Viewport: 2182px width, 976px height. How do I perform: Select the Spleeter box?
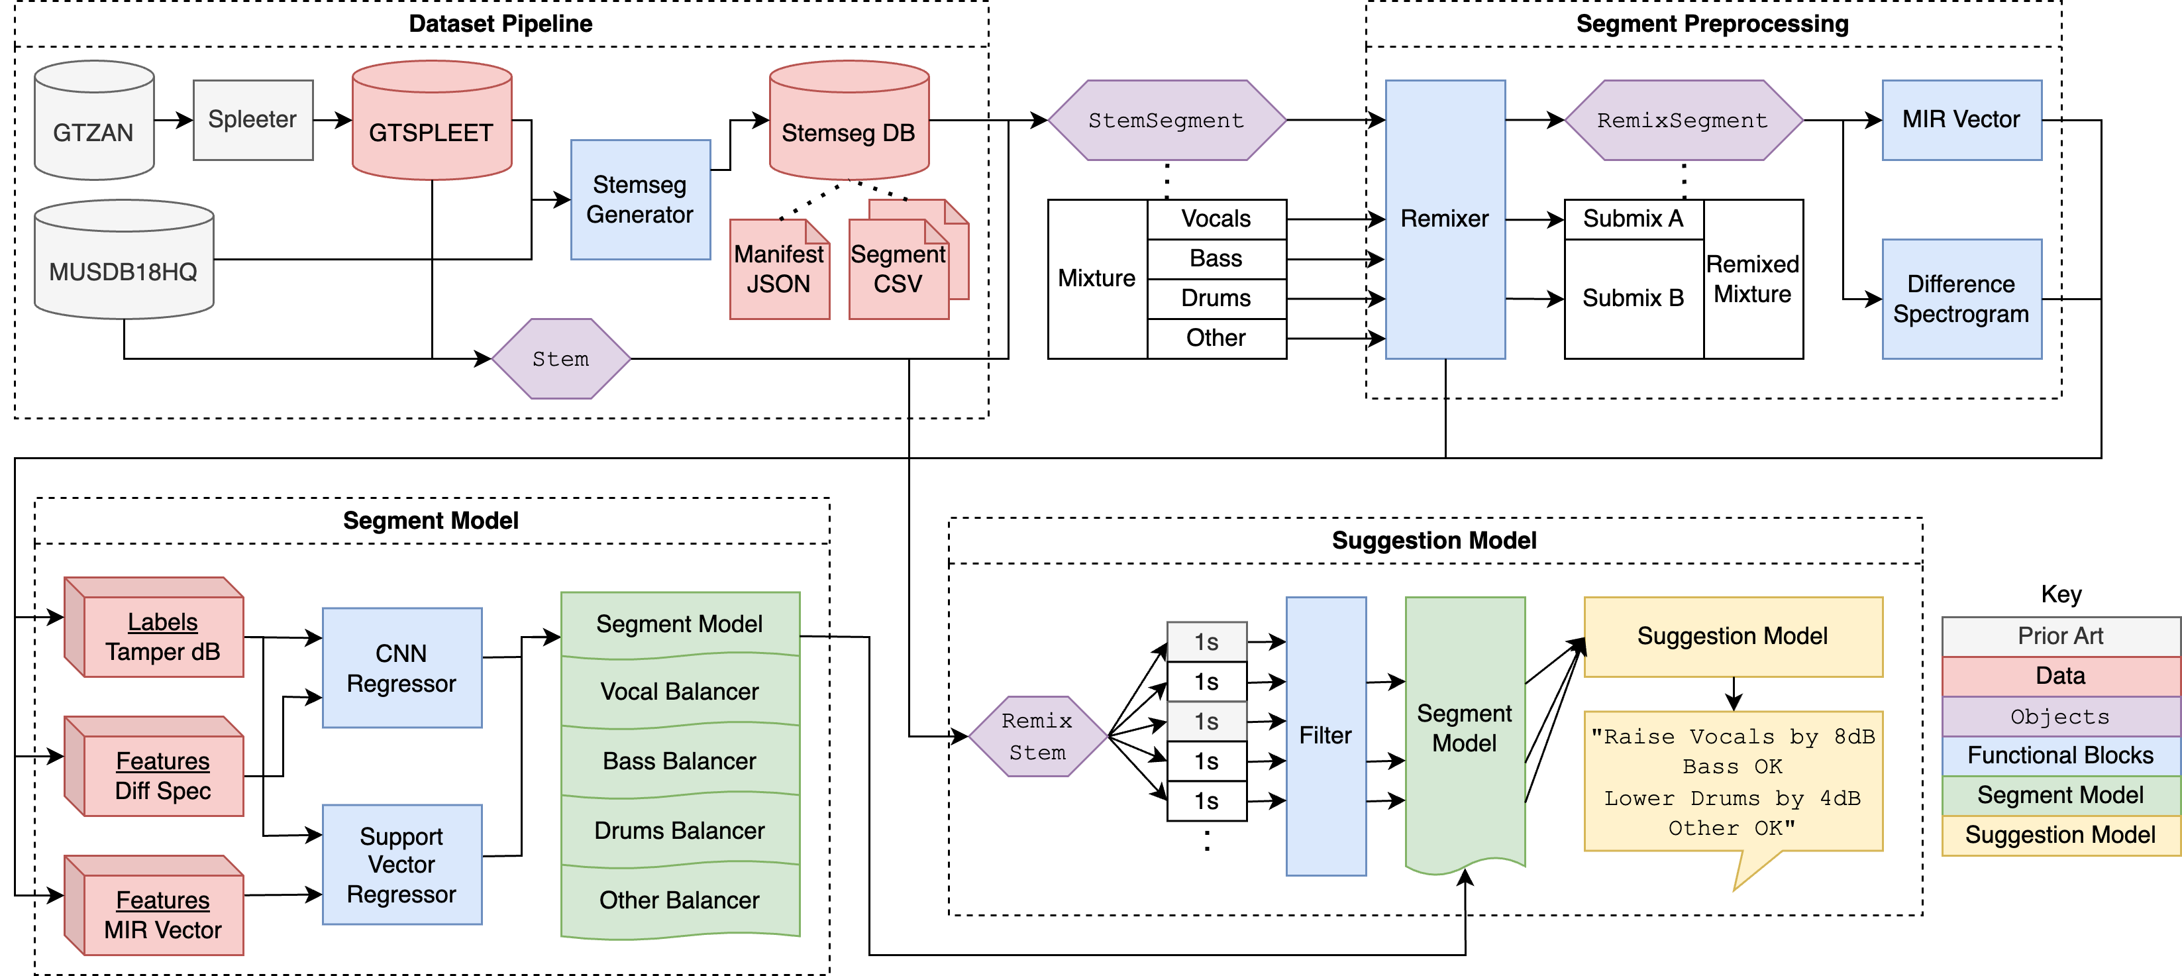252,119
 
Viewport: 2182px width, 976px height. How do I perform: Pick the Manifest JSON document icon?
778,270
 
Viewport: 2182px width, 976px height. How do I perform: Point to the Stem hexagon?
561,358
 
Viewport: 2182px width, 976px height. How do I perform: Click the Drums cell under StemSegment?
1216,298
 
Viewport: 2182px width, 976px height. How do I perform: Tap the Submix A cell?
1633,219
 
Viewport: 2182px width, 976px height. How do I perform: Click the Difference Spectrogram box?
1961,299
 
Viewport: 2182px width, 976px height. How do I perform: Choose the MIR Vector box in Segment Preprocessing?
1961,119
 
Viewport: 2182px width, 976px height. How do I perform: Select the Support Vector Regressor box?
401,864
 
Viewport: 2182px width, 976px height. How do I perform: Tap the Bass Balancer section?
680,761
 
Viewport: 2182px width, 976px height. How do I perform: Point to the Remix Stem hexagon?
1037,736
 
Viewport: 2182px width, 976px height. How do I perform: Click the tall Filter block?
1325,735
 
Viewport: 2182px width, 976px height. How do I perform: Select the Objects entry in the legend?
2060,717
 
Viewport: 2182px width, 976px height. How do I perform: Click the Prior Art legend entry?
2060,635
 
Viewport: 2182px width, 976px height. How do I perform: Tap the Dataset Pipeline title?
501,24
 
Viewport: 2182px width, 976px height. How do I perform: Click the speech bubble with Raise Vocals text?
1732,781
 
